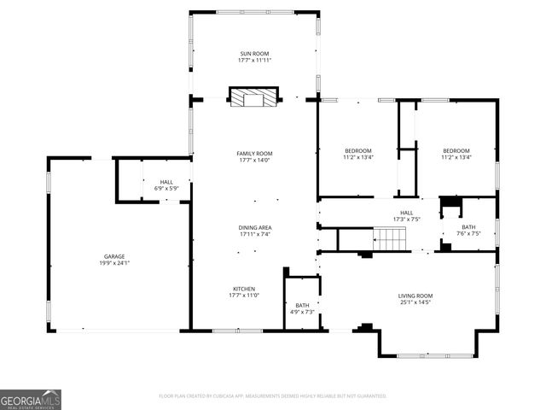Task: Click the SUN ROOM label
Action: [x=255, y=53]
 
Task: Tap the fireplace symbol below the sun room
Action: [x=254, y=97]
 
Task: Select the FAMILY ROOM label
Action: [x=255, y=153]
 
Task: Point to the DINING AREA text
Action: [x=255, y=227]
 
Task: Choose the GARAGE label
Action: [x=114, y=256]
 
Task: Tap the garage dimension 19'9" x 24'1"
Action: [x=114, y=263]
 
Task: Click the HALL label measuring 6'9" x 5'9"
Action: [x=166, y=182]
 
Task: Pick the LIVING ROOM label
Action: [x=415, y=296]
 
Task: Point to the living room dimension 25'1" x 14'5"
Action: [x=415, y=302]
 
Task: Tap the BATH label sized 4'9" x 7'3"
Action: [x=302, y=305]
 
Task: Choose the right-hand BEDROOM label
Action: [x=456, y=150]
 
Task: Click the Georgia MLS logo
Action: [x=31, y=399]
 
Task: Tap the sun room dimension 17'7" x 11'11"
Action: [x=255, y=60]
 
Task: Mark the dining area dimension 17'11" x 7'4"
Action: [x=255, y=234]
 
